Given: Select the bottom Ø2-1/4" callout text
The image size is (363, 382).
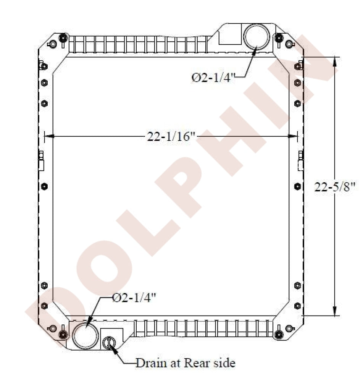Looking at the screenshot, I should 135,298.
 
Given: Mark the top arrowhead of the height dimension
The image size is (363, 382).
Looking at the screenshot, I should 335,61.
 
